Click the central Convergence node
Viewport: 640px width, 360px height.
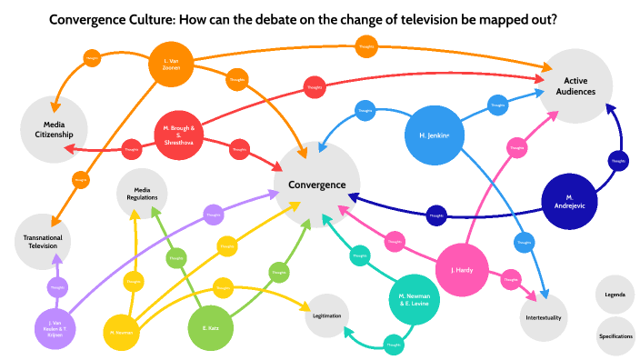click(x=317, y=185)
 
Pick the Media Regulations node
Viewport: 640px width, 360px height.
click(x=143, y=191)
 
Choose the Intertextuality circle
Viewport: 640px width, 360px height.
click(x=545, y=317)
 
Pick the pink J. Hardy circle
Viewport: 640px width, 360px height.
click(x=465, y=269)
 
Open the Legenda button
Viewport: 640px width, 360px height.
click(x=615, y=295)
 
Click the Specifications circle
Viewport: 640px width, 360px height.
click(x=615, y=335)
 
